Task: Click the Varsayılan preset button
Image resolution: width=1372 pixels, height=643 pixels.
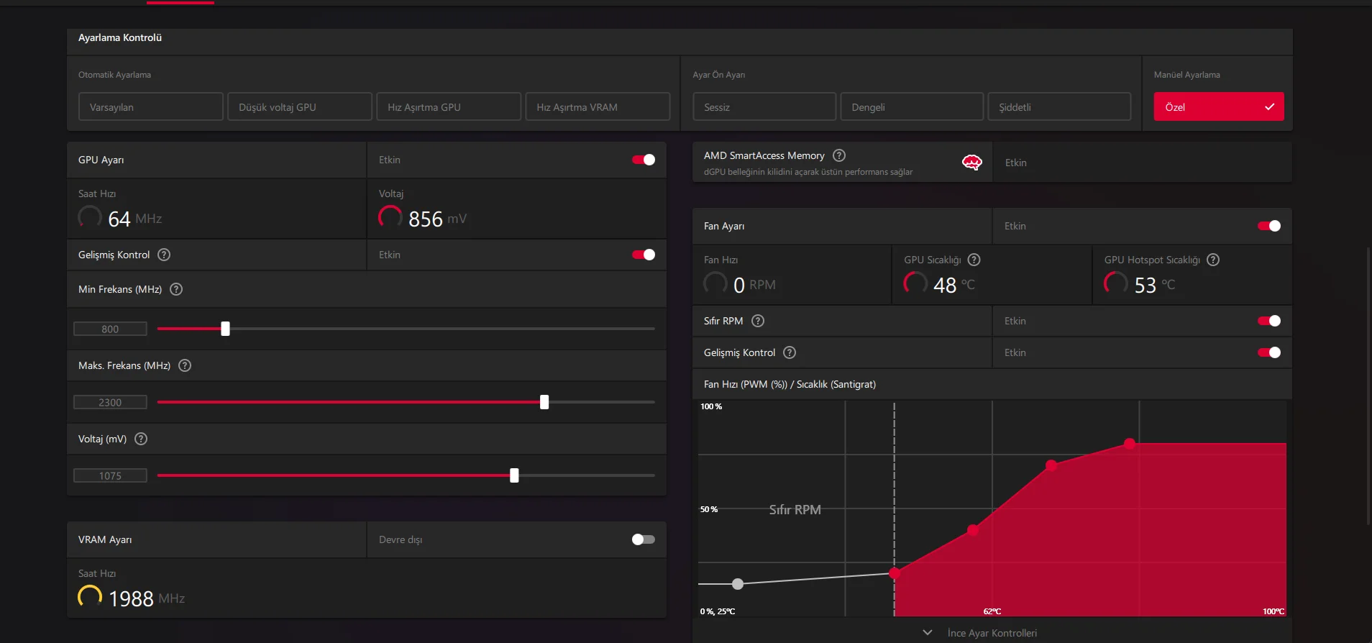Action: (150, 107)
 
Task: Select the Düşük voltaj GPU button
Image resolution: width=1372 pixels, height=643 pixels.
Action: (299, 107)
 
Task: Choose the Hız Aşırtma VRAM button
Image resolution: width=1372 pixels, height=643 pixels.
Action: (597, 107)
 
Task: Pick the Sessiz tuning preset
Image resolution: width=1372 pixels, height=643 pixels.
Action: (764, 107)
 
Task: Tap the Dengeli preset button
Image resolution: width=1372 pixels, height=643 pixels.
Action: (911, 107)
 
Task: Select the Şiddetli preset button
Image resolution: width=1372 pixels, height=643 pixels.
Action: (1058, 107)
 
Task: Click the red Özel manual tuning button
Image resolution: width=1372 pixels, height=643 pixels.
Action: (1218, 107)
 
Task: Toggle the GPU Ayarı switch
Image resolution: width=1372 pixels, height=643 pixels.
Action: (644, 160)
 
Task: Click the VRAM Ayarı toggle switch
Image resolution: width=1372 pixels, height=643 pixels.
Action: (644, 539)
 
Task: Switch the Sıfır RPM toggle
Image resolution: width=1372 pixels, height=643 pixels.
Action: (1269, 321)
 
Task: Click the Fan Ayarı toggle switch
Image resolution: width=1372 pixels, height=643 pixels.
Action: (1269, 226)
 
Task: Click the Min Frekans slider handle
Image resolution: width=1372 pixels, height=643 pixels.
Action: (225, 329)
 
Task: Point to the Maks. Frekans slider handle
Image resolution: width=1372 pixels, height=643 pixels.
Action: (544, 402)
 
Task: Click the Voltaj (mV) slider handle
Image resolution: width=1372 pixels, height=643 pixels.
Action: (514, 475)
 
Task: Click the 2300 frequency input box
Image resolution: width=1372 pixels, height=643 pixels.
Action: (110, 403)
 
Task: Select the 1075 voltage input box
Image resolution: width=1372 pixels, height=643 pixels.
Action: (110, 476)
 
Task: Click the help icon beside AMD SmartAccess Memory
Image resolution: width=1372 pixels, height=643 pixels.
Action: (839, 155)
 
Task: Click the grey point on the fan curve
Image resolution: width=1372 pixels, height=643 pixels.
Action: (738, 584)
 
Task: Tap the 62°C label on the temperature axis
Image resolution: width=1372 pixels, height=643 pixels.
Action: (992, 611)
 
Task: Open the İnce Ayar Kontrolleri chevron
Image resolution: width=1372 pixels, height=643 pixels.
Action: (928, 633)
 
